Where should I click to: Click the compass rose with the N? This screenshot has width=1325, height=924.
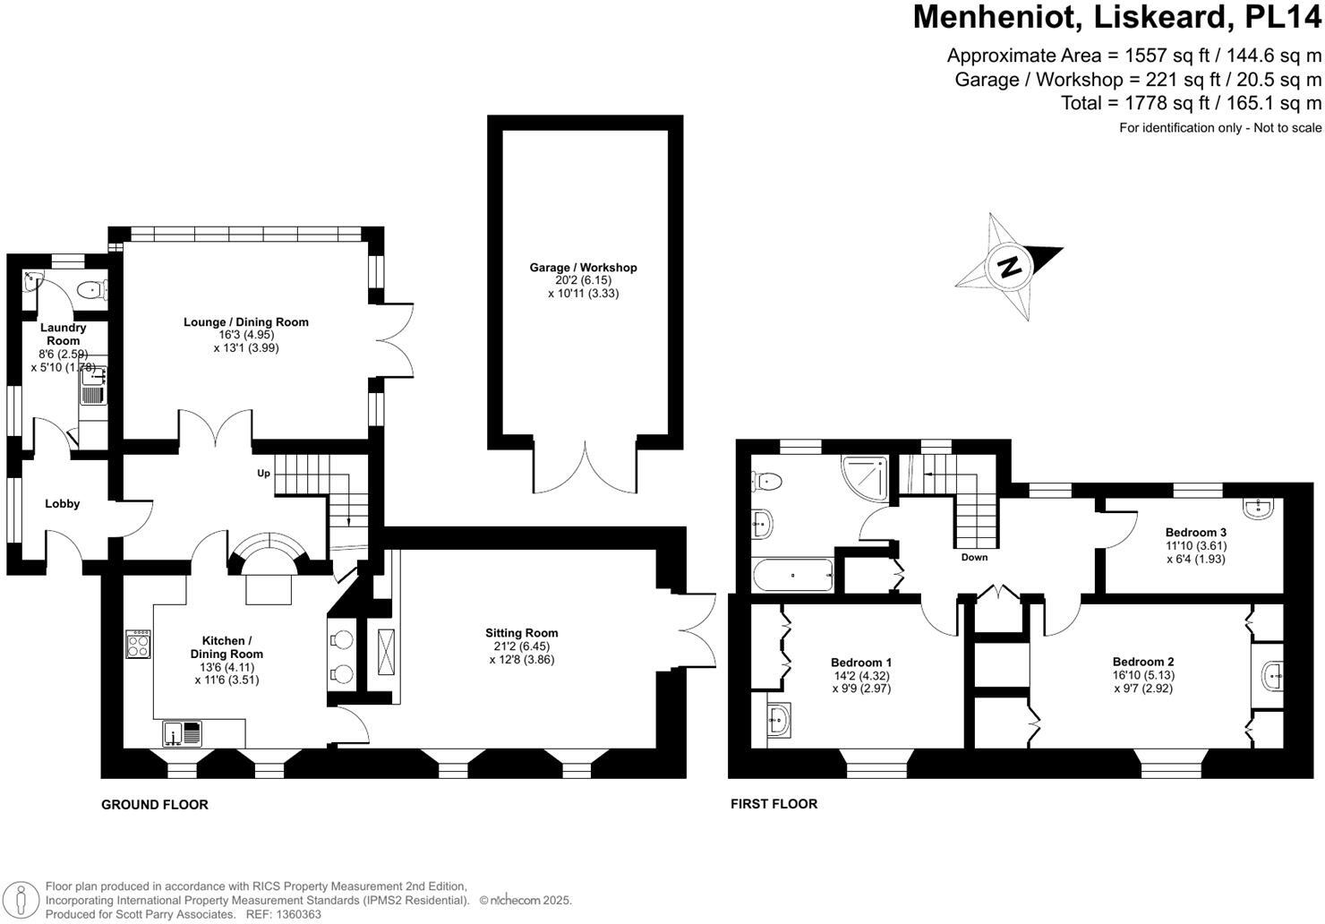pyautogui.click(x=1009, y=266)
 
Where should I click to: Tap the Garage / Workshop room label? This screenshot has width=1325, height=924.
pyautogui.click(x=583, y=268)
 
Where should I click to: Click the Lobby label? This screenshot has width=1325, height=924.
pyautogui.click(x=63, y=504)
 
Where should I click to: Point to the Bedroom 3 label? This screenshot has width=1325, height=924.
pyautogui.click(x=1195, y=533)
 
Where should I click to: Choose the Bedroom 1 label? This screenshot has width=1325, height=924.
pyautogui.click(x=860, y=663)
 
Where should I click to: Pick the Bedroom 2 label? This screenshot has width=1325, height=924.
pyautogui.click(x=1143, y=663)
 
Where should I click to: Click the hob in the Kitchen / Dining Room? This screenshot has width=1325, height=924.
pyautogui.click(x=139, y=645)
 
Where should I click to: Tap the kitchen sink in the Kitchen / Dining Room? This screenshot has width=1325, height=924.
pyautogui.click(x=183, y=733)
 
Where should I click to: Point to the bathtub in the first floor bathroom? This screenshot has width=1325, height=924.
pyautogui.click(x=793, y=575)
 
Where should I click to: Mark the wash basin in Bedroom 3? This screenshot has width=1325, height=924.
pyautogui.click(x=1258, y=509)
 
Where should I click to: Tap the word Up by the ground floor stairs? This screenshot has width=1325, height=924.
pyautogui.click(x=264, y=473)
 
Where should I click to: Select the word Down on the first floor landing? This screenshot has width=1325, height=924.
pyautogui.click(x=974, y=558)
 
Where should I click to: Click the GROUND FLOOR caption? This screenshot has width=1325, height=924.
pyautogui.click(x=154, y=805)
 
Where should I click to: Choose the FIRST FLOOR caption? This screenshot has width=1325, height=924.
pyautogui.click(x=774, y=804)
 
